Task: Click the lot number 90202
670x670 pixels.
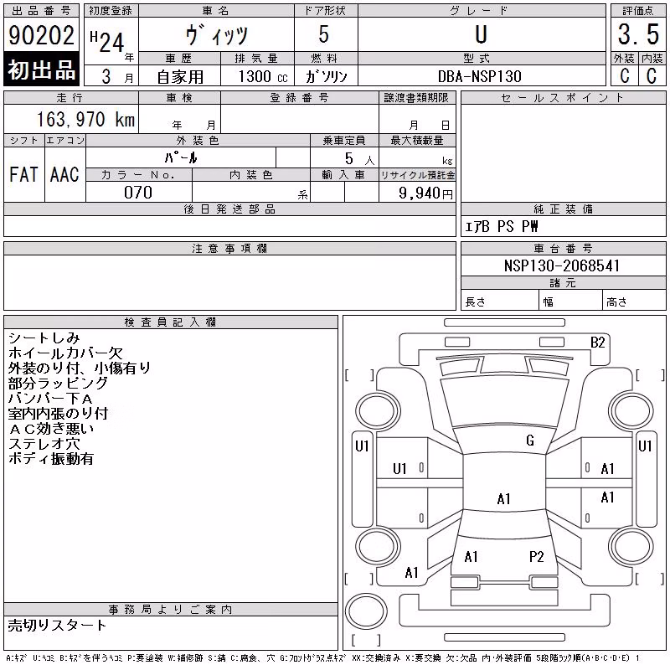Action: pos(41,35)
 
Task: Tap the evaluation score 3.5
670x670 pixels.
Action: pos(638,34)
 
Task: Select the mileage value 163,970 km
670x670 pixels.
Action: pos(85,119)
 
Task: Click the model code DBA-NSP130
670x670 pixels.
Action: pos(479,76)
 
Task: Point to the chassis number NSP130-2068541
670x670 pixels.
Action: pos(562,265)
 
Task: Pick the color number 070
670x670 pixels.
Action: pos(138,193)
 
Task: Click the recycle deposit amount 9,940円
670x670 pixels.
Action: pos(425,193)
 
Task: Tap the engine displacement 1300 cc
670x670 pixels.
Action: pos(263,76)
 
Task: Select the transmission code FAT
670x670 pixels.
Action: pos(23,174)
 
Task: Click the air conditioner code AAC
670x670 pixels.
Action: pos(64,174)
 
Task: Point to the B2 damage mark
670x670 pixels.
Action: pos(597,343)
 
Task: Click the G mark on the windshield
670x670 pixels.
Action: pos(530,441)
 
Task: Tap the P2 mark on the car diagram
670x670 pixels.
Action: pos(536,557)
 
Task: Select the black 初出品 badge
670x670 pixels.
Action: pos(41,70)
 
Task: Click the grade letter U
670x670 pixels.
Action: pos(481,34)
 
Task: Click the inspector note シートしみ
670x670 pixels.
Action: pos(44,338)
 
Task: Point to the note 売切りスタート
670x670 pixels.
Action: pos(57,625)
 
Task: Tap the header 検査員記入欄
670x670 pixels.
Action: pos(170,322)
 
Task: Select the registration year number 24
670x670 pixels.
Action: pos(111,43)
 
